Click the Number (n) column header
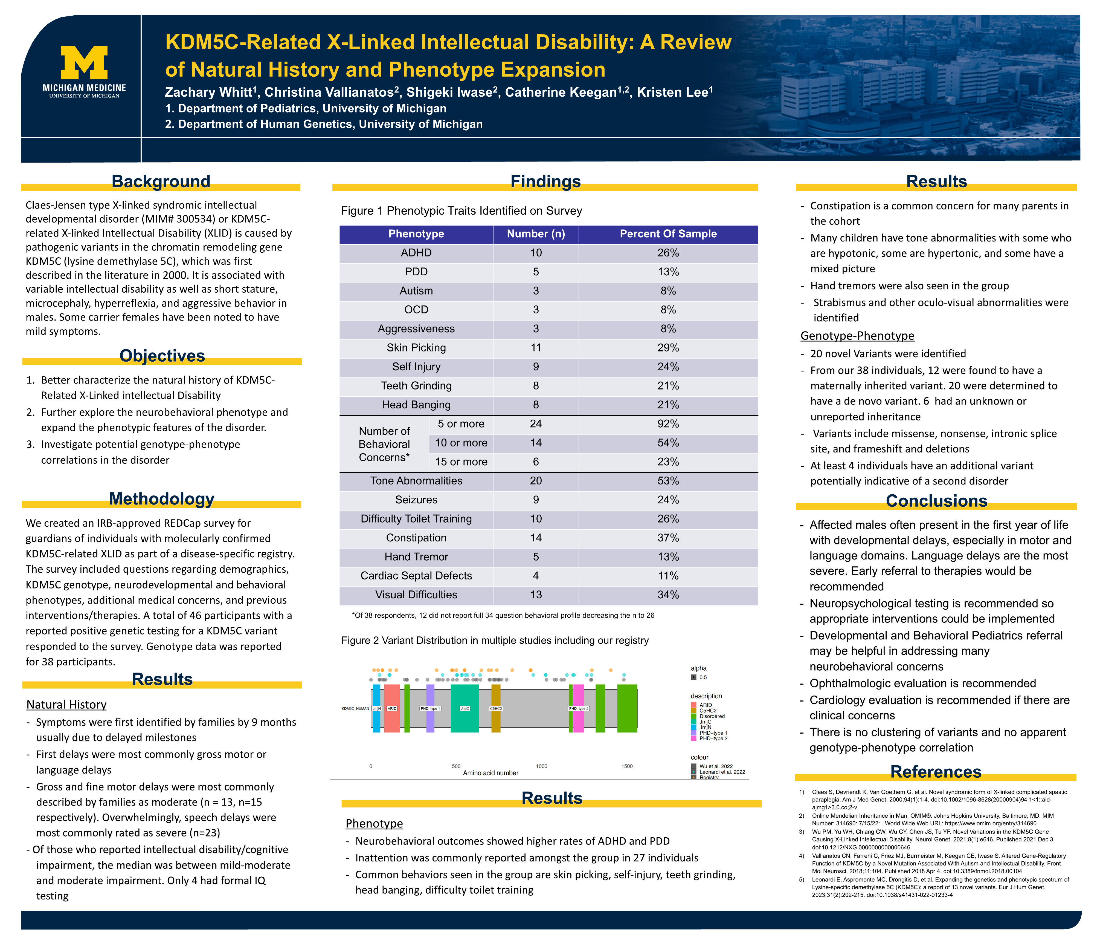coord(536,234)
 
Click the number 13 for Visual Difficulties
coord(536,595)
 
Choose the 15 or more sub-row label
coord(461,462)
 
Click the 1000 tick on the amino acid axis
coord(541,766)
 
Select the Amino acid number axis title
coord(490,773)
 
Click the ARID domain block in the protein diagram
coord(392,708)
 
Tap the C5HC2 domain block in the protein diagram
coord(496,708)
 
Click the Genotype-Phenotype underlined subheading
coord(857,336)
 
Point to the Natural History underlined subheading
coord(66,705)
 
